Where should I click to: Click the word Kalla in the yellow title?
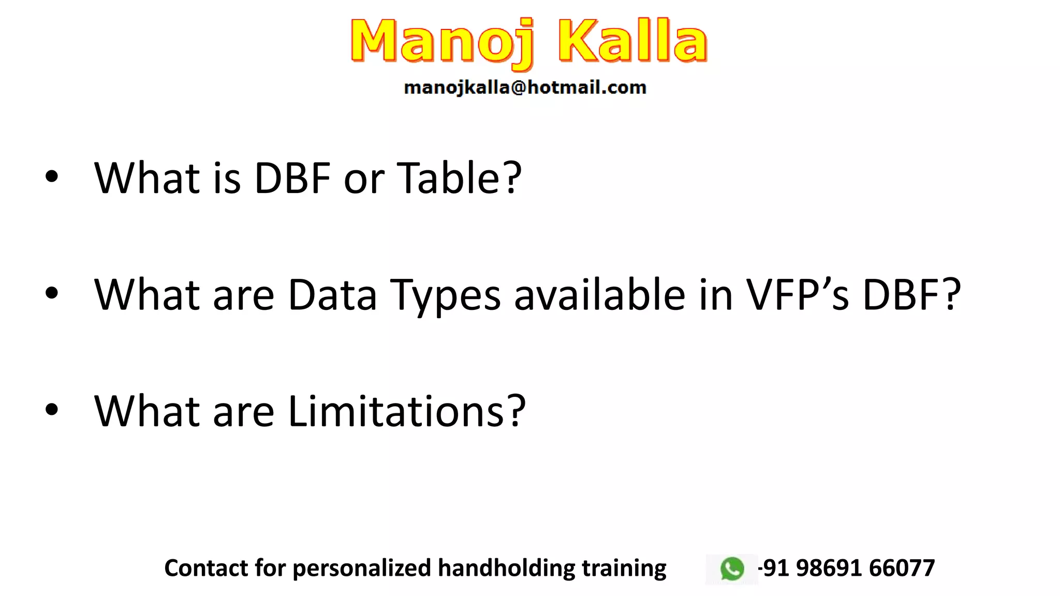pyautogui.click(x=632, y=41)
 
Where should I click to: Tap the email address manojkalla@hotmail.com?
pyautogui.click(x=525, y=87)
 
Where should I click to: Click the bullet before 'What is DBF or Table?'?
pyautogui.click(x=52, y=177)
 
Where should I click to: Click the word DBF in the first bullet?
pyautogui.click(x=292, y=178)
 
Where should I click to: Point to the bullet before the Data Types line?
pyautogui.click(x=52, y=293)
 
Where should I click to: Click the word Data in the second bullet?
pyautogui.click(x=332, y=294)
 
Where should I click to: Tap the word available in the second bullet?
pyautogui.click(x=600, y=294)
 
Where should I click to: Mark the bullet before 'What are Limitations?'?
pyautogui.click(x=52, y=410)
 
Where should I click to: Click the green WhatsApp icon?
pyautogui.click(x=732, y=569)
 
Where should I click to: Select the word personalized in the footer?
pyautogui.click(x=361, y=568)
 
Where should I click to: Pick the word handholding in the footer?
pyautogui.click(x=506, y=568)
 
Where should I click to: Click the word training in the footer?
pyautogui.click(x=624, y=568)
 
